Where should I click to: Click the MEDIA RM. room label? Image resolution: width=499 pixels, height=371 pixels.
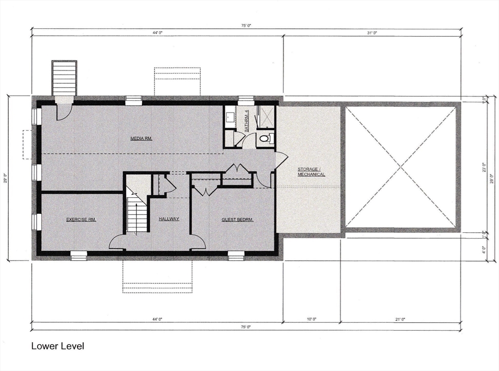(x=141, y=138)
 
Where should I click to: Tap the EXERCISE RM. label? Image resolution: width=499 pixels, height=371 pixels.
(x=81, y=220)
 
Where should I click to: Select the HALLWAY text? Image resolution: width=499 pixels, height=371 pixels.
(x=169, y=219)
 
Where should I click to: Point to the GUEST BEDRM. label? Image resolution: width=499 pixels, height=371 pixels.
(x=237, y=220)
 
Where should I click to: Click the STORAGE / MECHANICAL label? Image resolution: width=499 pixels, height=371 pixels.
(x=311, y=172)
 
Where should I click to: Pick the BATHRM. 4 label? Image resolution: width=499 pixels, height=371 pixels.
(x=247, y=121)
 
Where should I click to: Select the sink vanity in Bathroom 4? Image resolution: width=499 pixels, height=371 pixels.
(x=230, y=117)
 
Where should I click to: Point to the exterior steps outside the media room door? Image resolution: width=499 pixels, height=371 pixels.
(x=64, y=78)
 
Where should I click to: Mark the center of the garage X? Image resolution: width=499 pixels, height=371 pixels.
(x=401, y=167)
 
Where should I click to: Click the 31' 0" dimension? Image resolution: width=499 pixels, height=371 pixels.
(x=372, y=33)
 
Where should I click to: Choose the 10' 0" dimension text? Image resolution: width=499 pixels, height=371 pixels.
(x=311, y=319)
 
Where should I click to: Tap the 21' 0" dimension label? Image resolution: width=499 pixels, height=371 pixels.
(x=400, y=319)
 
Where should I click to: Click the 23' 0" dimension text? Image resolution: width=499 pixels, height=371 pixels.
(x=484, y=167)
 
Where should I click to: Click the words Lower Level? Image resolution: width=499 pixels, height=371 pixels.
(x=58, y=346)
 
